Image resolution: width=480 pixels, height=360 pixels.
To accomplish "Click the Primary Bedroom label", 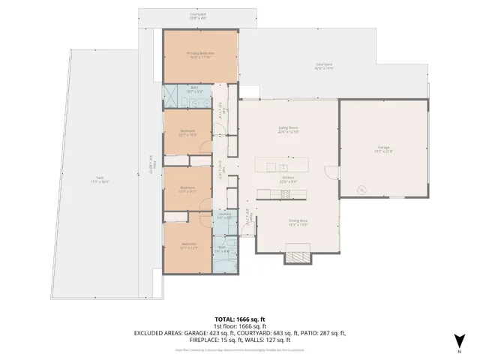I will pyautogui.click(x=200, y=55).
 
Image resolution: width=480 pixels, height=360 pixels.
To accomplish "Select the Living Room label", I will pyautogui.click(x=289, y=130).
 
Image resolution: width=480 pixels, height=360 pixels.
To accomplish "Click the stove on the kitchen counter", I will pyautogui.click(x=285, y=194).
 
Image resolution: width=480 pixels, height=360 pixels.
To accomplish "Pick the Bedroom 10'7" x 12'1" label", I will pyautogui.click(x=187, y=245).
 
